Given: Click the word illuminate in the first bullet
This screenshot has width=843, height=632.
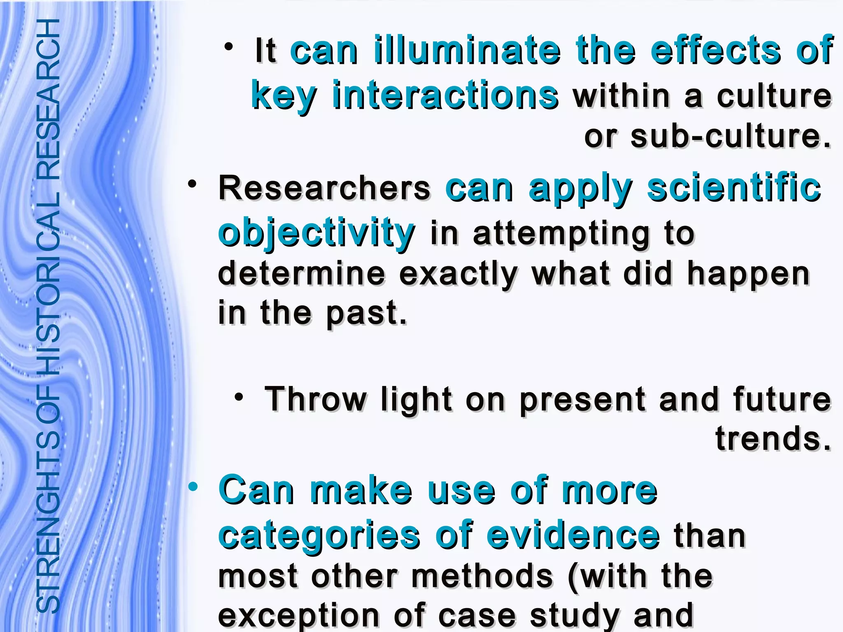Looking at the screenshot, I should click(x=467, y=51).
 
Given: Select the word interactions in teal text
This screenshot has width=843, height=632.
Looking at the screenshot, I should click(x=445, y=96).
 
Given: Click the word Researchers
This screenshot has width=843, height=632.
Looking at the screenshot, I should click(x=324, y=188).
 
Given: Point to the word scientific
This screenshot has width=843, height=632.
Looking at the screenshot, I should click(x=734, y=188).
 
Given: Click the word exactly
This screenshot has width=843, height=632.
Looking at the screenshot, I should click(x=457, y=274).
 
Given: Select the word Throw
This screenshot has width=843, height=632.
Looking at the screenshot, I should click(x=315, y=399).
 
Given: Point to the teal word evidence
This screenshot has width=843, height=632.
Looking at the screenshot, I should click(x=573, y=535).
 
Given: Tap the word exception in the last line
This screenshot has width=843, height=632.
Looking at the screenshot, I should click(x=298, y=615).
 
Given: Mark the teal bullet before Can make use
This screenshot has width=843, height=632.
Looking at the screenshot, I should click(x=193, y=488).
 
